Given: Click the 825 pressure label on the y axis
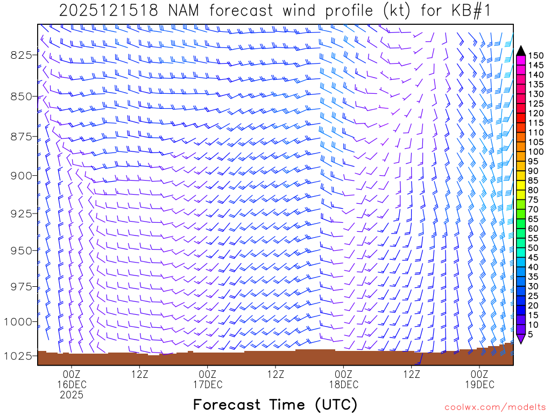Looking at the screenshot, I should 21,54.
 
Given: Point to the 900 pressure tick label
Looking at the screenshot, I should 21,175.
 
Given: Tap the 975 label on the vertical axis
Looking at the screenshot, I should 21,286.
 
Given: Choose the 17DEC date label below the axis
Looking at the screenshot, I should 207,384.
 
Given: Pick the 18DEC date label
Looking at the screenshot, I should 343,384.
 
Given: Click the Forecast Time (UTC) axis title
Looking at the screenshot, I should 275,404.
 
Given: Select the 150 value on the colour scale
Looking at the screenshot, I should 535,55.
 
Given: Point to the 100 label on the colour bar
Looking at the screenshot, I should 535,151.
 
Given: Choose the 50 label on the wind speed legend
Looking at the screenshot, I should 533,247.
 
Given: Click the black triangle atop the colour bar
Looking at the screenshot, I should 520,51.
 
